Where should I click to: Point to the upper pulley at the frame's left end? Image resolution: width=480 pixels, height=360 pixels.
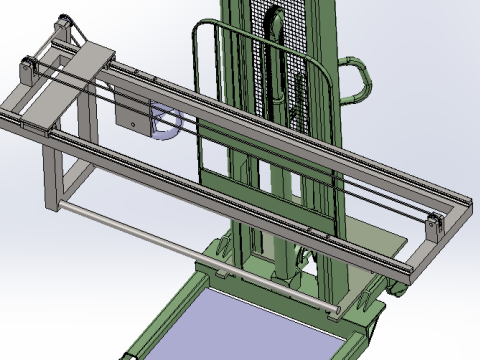64,24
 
